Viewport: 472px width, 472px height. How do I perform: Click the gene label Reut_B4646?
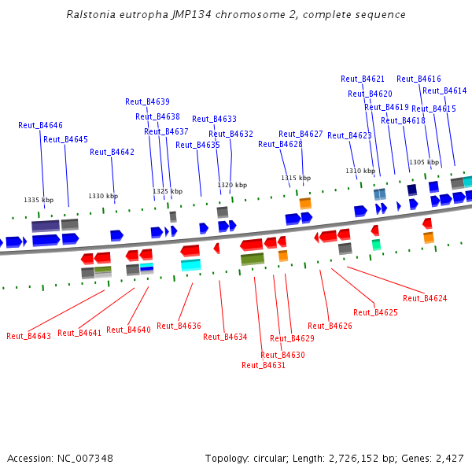pyautogui.click(x=40, y=125)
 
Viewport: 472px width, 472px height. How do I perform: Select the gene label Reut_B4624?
pyautogui.click(x=425, y=298)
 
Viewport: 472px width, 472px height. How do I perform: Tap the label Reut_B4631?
pyautogui.click(x=264, y=365)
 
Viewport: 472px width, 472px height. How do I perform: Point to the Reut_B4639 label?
pyautogui.click(x=147, y=101)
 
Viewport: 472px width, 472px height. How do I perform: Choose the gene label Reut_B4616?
pyautogui.click(x=419, y=79)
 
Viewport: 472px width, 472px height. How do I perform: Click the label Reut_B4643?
pyautogui.click(x=28, y=336)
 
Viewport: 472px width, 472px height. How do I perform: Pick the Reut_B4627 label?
pyautogui.click(x=301, y=134)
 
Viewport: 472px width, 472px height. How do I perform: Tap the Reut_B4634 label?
pyautogui.click(x=225, y=337)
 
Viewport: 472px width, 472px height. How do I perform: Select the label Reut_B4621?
pyautogui.click(x=363, y=79)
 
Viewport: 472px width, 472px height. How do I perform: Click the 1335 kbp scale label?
pyautogui.click(x=39, y=200)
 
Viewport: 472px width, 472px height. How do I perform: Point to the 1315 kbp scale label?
pyautogui.click(x=296, y=178)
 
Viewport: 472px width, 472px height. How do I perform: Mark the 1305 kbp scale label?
pyautogui.click(x=423, y=162)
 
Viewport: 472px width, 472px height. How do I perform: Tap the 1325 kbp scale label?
pyautogui.click(x=168, y=191)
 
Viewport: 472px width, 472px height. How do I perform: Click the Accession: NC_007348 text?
pyautogui.click(x=60, y=458)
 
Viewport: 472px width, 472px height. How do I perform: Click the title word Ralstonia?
pyautogui.click(x=91, y=15)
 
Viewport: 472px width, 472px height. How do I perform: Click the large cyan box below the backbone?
pyautogui.click(x=190, y=265)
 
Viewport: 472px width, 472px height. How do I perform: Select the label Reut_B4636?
pyautogui.click(x=179, y=326)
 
